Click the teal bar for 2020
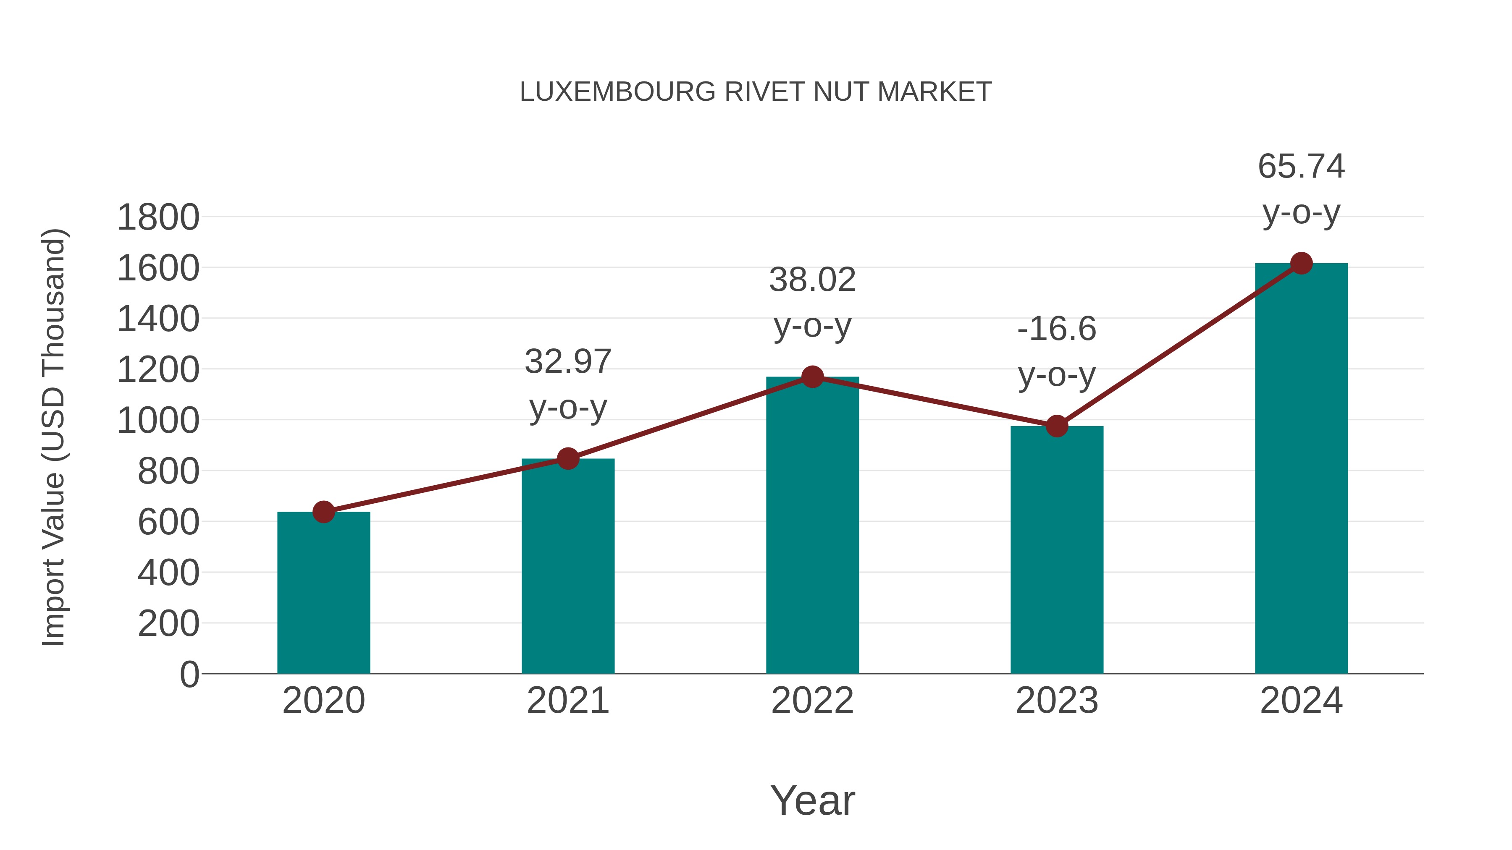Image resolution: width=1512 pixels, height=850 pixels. point(323,592)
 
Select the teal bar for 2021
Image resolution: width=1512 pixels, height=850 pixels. point(567,566)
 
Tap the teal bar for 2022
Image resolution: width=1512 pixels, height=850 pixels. point(812,525)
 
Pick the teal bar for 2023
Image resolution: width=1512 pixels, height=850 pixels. point(1057,549)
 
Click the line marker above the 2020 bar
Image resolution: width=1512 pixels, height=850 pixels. point(323,512)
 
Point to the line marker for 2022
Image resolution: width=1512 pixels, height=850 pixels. point(812,377)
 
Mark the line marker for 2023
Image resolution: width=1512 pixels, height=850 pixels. point(1057,426)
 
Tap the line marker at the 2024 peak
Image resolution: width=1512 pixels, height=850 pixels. point(1301,263)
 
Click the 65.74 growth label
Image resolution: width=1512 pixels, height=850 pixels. point(1301,167)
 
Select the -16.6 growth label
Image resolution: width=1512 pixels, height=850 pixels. point(1057,329)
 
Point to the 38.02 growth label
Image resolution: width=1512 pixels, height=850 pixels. point(812,280)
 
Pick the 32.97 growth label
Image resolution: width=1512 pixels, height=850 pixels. point(567,361)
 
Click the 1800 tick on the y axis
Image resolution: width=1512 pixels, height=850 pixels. point(158,217)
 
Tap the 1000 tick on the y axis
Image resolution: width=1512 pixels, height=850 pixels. point(158,421)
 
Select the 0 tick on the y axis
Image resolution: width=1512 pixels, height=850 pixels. point(189,675)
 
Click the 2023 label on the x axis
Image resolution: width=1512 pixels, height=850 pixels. point(1057,701)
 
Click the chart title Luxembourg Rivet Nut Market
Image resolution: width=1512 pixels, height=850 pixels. point(756,92)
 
